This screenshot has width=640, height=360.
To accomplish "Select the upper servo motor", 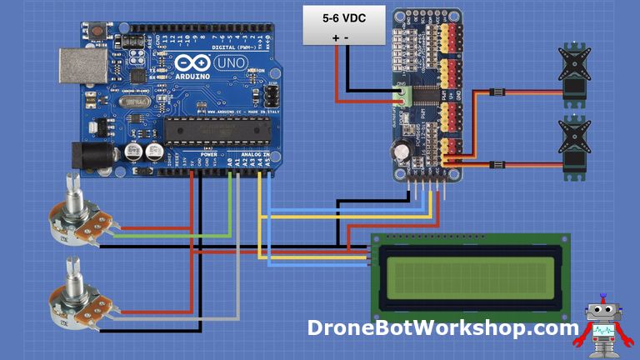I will click(575, 76).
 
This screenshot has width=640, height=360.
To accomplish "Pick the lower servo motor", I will click(575, 146).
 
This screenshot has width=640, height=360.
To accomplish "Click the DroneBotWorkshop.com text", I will click(442, 327).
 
